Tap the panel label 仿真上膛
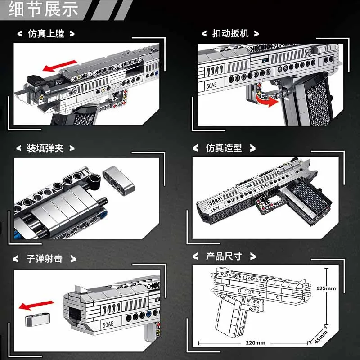pos(45,33)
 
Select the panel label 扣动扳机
pos(230,33)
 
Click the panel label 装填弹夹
pos(45,148)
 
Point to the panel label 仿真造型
pos(224,148)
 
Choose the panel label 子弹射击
pos(45,258)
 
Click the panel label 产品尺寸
pos(224,256)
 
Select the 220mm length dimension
pos(256,342)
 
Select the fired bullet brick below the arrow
pos(33,320)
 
